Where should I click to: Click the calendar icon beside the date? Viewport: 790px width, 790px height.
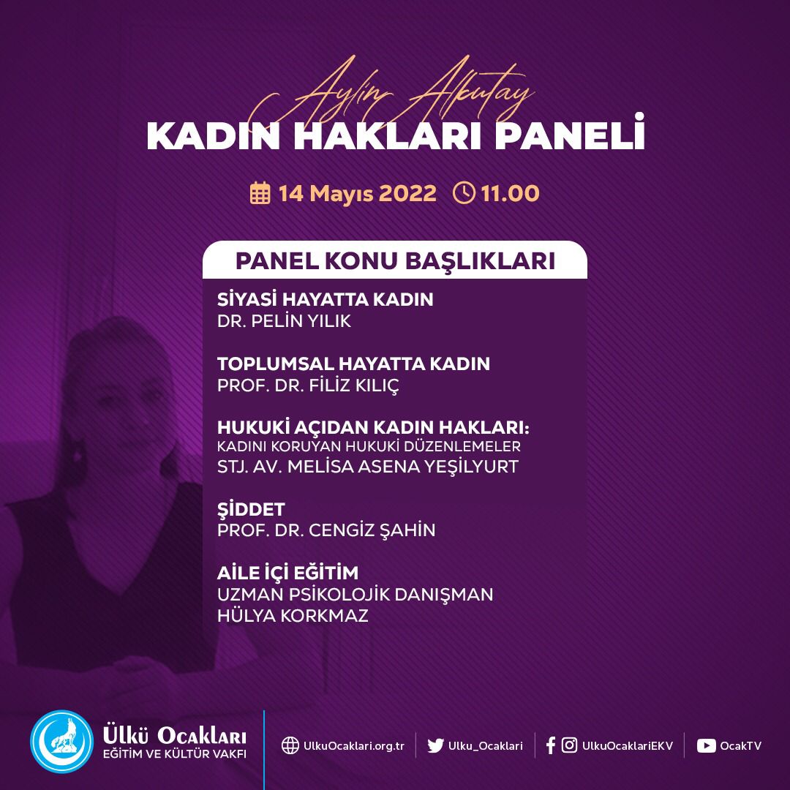tap(260, 194)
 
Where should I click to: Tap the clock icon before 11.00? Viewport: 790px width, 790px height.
tap(464, 193)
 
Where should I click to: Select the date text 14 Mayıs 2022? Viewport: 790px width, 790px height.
tap(357, 194)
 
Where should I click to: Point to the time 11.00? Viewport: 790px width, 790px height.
tap(510, 194)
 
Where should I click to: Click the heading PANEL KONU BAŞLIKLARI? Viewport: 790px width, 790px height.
tap(394, 260)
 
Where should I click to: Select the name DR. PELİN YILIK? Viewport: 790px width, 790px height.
tap(284, 321)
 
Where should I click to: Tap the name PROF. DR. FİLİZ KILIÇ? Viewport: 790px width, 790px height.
tap(308, 385)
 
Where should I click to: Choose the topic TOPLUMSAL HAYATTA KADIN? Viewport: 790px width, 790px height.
tap(353, 364)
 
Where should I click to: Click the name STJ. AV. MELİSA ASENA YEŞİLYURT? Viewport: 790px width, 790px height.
tap(367, 467)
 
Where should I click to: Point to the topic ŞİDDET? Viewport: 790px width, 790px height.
tap(251, 509)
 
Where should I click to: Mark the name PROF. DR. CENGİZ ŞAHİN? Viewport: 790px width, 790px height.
tap(326, 530)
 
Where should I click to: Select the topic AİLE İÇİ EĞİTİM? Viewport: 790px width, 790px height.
tap(288, 573)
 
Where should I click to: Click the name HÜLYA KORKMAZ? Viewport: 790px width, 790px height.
tap(293, 616)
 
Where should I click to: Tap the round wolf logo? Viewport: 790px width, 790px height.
tap(62, 742)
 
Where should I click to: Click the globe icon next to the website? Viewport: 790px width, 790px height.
tap(290, 745)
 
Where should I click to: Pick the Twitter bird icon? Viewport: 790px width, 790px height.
tap(435, 745)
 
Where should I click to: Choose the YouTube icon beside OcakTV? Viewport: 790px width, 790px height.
tap(706, 745)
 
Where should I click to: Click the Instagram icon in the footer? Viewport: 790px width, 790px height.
tap(569, 745)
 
